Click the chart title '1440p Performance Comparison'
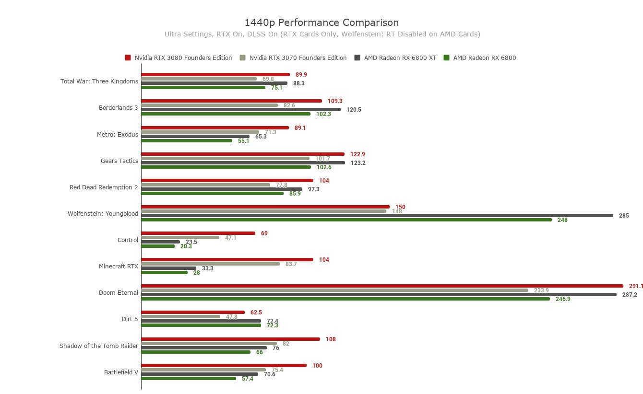[321, 23]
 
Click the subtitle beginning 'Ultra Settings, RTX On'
[322, 34]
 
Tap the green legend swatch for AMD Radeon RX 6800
[446, 58]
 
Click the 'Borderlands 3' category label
[118, 108]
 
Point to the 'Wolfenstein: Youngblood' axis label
[103, 214]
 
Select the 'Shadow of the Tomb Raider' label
[99, 346]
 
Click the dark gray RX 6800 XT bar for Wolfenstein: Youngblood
[377, 216]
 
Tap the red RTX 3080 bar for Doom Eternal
[381, 286]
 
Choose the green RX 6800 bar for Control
[158, 246]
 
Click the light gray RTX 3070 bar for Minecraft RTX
[210, 264]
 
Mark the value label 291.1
[636, 286]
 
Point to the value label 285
[624, 216]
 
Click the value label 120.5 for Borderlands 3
[354, 110]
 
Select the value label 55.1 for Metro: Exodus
[243, 141]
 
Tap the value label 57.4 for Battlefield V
[247, 379]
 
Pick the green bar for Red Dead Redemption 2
[212, 194]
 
